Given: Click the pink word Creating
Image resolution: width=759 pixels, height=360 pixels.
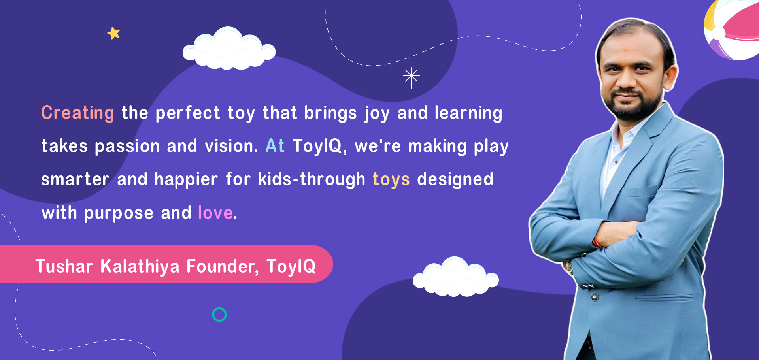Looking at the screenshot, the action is coord(78,113).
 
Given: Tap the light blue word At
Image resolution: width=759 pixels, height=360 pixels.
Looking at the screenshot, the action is coord(275,146).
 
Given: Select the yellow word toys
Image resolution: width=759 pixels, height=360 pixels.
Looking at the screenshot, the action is coord(391,180).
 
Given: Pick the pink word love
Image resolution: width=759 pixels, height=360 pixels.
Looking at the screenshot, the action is coord(215,213).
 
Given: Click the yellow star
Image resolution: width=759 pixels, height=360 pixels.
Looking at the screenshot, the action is coord(113,33).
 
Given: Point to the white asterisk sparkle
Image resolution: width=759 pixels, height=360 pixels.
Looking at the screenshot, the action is coord(411,77).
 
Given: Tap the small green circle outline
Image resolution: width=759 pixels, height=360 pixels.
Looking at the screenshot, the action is coord(219,315).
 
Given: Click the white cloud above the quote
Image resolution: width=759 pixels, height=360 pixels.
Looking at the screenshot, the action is coord(229,49).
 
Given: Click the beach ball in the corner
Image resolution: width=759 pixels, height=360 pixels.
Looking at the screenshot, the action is coord(731,30).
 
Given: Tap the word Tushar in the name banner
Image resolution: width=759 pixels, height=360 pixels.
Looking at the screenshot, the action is coord(64,266).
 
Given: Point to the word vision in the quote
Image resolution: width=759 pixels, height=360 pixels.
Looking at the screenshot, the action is coord(231,146).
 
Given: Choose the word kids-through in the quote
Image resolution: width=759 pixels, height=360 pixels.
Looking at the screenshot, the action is coord(312,180).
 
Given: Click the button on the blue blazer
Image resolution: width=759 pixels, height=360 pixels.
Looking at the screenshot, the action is coord(594,296).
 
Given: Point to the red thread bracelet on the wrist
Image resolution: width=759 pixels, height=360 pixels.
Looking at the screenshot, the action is coord(597,241).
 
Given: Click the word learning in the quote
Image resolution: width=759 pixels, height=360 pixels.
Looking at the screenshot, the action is coord(468,113).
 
